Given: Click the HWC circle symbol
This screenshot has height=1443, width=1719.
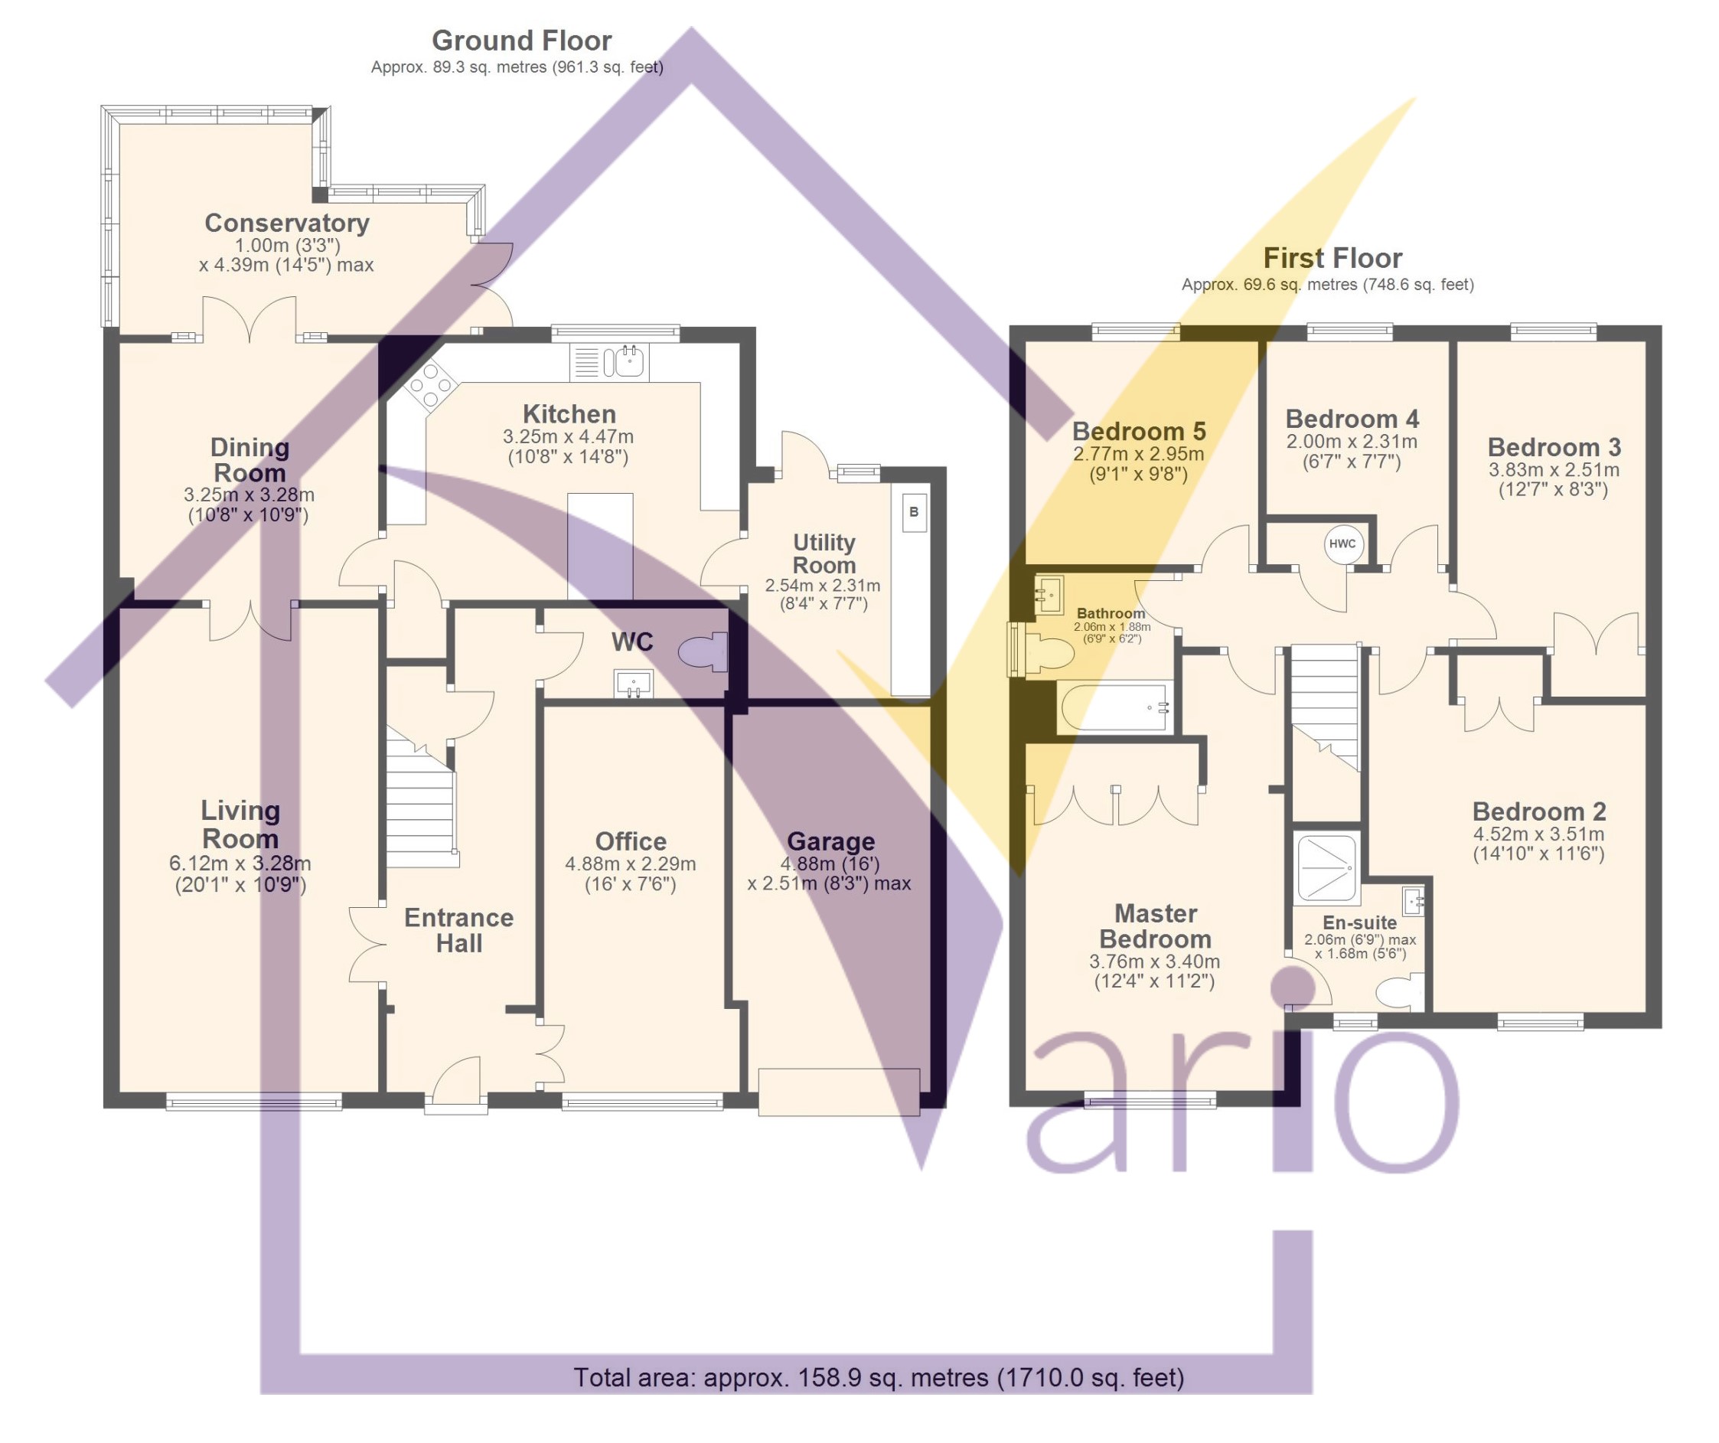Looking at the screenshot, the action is click(x=1342, y=544).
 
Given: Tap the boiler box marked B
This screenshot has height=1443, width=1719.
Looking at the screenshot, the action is click(x=915, y=513).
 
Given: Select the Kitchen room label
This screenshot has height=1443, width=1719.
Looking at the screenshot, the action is click(x=569, y=413).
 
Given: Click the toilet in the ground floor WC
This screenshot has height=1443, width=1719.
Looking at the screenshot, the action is click(x=703, y=652).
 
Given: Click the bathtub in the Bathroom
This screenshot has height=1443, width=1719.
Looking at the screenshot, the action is click(x=1116, y=707).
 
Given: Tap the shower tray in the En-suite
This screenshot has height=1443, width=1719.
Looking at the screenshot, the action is click(x=1327, y=867).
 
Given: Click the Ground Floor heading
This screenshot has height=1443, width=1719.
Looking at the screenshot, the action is click(x=521, y=40).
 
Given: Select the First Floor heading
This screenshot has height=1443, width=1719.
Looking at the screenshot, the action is click(x=1332, y=258).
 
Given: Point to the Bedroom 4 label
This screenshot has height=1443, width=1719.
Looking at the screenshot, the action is click(x=1352, y=419).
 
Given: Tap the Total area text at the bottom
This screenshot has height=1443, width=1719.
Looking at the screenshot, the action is click(x=879, y=1377).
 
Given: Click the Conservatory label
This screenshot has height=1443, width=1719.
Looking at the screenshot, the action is click(x=286, y=223).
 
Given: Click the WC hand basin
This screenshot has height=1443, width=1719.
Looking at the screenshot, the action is click(x=634, y=683).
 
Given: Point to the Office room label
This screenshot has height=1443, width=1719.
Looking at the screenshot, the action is click(x=631, y=841).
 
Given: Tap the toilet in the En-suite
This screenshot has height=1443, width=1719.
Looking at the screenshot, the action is click(x=1401, y=994).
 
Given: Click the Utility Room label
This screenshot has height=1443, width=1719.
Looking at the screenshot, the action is click(x=824, y=553).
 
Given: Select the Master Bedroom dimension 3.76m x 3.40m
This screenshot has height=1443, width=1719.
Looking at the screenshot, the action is click(x=1154, y=961).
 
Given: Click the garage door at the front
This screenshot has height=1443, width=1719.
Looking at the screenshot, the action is click(x=839, y=1092).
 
